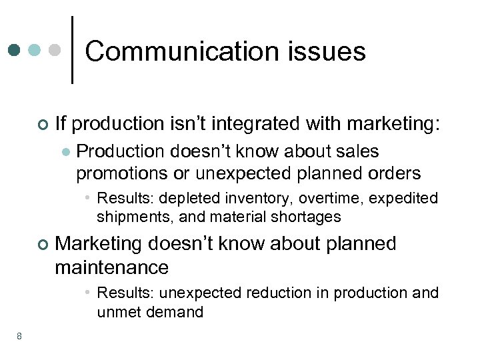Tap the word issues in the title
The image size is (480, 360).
click(333, 51)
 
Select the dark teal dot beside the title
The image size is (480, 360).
click(15, 50)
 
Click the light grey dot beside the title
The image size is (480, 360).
click(56, 50)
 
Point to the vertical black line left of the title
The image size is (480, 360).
click(72, 50)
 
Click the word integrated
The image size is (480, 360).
click(256, 123)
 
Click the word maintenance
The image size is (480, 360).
click(112, 267)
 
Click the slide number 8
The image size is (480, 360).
click(19, 336)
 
